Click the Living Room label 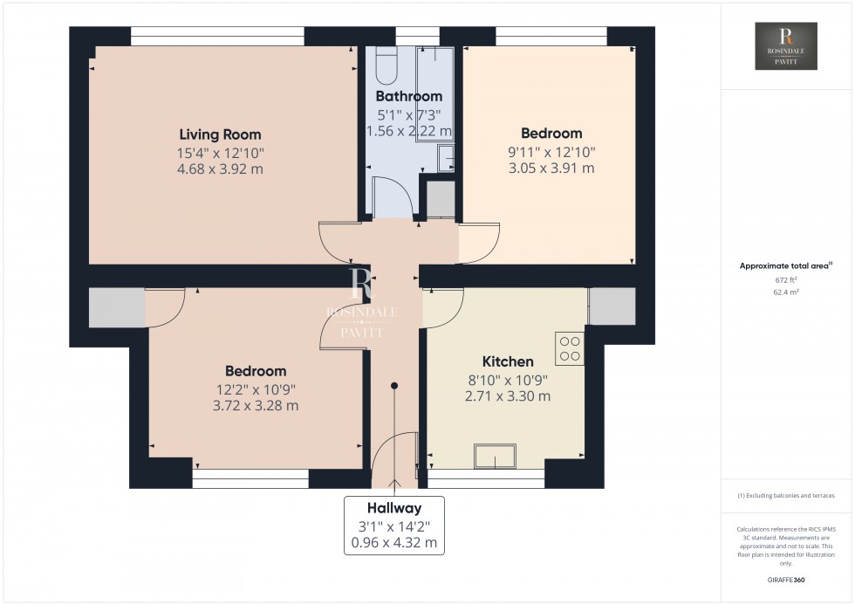(x=220, y=134)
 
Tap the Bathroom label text (x=408, y=96)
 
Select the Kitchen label (x=508, y=361)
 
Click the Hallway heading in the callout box (x=394, y=508)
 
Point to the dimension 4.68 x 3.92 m (x=220, y=168)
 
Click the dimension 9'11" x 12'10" (x=551, y=151)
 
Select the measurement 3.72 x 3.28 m (x=255, y=405)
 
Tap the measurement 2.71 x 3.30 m (x=508, y=395)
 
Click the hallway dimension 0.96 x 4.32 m (x=394, y=542)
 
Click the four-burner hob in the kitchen (x=571, y=349)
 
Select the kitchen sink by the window (x=495, y=457)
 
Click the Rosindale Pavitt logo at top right (x=786, y=46)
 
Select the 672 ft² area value (x=786, y=280)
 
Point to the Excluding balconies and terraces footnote (x=786, y=495)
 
